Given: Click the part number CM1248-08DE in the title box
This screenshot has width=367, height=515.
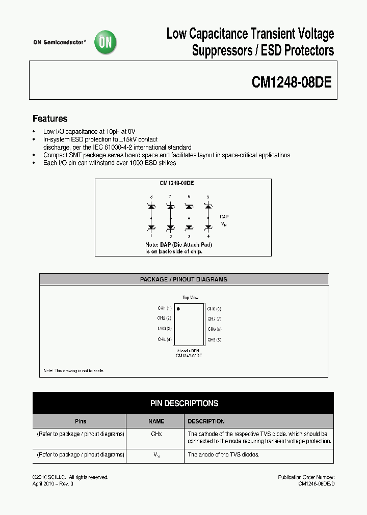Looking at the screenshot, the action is click(x=292, y=82).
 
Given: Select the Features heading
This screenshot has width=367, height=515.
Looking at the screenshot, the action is click(x=50, y=119).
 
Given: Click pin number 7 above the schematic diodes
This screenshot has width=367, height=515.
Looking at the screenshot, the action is click(x=170, y=196).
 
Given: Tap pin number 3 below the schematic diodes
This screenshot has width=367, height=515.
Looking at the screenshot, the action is click(x=189, y=237).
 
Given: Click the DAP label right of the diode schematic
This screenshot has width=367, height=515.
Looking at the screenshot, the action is click(x=224, y=216).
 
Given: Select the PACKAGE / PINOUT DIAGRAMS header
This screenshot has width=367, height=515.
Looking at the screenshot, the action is click(x=183, y=279).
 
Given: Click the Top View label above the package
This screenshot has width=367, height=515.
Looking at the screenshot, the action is click(x=190, y=298).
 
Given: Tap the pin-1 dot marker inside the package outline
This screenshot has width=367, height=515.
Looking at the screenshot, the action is click(x=178, y=308).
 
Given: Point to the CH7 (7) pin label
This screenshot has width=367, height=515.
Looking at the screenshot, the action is click(x=214, y=319).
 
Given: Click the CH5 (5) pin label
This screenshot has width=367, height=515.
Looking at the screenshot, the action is click(x=214, y=339).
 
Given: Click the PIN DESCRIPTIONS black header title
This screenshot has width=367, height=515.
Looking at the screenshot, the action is click(x=184, y=403).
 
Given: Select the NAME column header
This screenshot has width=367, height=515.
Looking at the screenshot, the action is click(x=156, y=421).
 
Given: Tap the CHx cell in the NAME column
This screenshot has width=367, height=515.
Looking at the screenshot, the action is click(x=156, y=434).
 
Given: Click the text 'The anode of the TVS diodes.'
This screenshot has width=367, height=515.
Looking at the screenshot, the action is click(x=223, y=454).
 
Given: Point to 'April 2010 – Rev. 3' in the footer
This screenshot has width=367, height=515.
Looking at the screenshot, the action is click(x=53, y=483).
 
